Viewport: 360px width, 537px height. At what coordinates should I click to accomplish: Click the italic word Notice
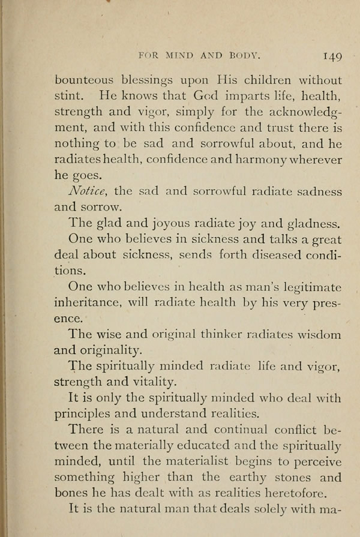click(88, 192)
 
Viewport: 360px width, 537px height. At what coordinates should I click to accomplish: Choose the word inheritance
click(95, 304)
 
